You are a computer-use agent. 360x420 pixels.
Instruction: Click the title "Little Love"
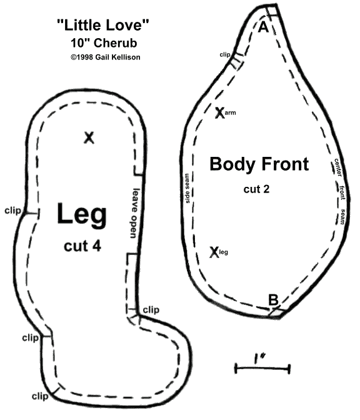click(x=103, y=24)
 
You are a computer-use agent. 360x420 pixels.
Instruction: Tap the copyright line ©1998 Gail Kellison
click(x=105, y=57)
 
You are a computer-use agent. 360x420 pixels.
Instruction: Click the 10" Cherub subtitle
click(x=104, y=43)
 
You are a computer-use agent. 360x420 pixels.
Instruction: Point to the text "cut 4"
click(x=82, y=246)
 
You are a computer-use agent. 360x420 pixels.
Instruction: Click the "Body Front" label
click(x=259, y=165)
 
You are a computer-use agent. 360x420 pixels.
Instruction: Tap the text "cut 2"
click(x=256, y=189)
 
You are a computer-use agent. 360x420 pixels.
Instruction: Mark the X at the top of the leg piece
click(x=89, y=137)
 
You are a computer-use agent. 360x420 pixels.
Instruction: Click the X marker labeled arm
click(x=219, y=112)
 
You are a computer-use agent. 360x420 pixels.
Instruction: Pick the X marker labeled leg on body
click(x=214, y=252)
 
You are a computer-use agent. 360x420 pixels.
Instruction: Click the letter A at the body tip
click(x=263, y=27)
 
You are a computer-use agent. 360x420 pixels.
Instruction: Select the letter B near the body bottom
click(x=274, y=300)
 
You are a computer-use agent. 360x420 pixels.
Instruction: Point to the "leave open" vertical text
click(x=135, y=213)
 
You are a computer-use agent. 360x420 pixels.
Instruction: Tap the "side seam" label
click(x=187, y=188)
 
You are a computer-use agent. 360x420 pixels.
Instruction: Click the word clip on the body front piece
click(x=225, y=54)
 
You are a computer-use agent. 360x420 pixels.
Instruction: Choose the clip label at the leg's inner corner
click(x=151, y=310)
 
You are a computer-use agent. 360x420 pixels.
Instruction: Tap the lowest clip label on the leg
click(x=40, y=396)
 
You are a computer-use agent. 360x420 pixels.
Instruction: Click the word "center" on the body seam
click(x=338, y=167)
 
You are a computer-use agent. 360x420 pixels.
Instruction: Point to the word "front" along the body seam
click(x=342, y=192)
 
